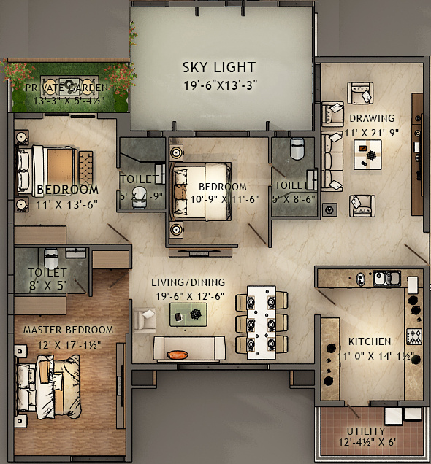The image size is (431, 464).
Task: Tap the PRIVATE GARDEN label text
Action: [66, 88]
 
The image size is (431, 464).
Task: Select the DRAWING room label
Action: [371, 118]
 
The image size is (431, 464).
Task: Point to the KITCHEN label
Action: [369, 341]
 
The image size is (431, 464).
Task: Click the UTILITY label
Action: [365, 431]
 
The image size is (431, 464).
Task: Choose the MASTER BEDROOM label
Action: [68, 330]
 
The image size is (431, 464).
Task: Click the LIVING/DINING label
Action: [188, 282]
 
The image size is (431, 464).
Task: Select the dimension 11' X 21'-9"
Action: [372, 132]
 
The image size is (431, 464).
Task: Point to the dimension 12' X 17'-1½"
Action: [67, 344]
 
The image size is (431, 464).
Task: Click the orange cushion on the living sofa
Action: [178, 355]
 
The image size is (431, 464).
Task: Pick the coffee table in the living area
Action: [187, 314]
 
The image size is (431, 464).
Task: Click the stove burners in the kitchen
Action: [414, 336]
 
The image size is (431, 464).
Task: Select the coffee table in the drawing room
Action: [367, 153]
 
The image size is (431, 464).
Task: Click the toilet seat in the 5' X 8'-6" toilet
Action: [297, 150]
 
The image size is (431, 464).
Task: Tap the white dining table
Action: [260, 322]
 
